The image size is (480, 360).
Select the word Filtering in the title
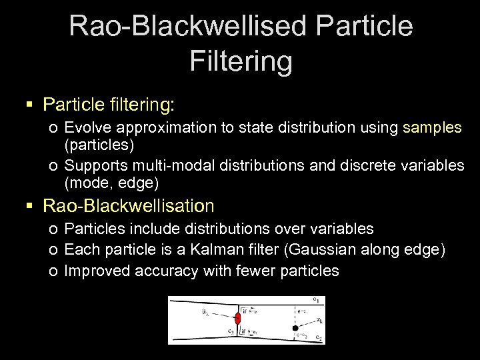241,61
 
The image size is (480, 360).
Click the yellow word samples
432,127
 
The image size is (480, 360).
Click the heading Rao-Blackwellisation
129,205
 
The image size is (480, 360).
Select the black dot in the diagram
294,329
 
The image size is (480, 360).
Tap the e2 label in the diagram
318,337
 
